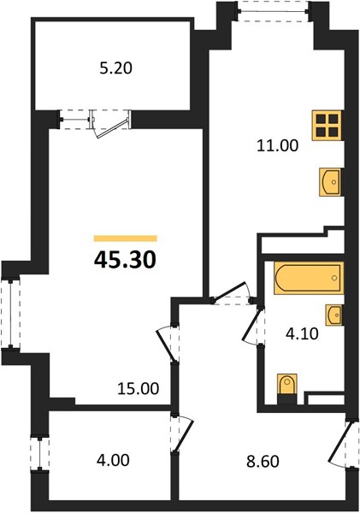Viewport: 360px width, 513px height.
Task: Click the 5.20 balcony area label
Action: (x=115, y=68)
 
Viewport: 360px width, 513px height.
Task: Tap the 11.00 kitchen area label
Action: (x=278, y=145)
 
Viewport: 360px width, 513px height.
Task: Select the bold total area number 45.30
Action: (x=125, y=261)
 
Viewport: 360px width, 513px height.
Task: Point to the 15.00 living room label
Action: (x=139, y=389)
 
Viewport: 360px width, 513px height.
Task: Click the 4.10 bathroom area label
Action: (x=301, y=334)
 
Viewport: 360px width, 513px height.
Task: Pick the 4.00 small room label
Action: (x=113, y=460)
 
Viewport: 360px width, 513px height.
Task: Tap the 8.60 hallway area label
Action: (x=263, y=462)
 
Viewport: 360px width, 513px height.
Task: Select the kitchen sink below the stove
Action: (x=330, y=182)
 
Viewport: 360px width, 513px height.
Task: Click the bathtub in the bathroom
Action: (x=309, y=278)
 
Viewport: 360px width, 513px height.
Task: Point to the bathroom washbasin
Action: (x=334, y=315)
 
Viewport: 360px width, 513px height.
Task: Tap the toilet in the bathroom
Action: (x=287, y=385)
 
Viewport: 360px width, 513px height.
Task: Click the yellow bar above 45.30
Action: (x=126, y=239)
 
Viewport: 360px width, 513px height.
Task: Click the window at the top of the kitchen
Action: (x=274, y=12)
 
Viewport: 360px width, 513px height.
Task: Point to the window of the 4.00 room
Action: (x=39, y=454)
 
